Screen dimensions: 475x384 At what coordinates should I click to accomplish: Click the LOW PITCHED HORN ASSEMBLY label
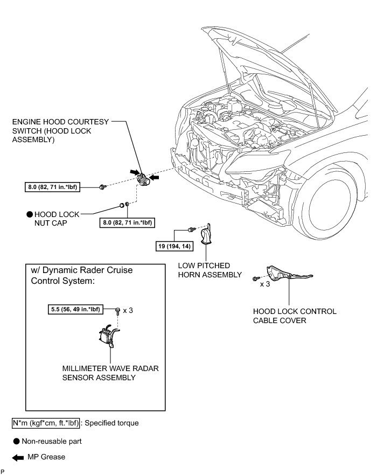[211, 270]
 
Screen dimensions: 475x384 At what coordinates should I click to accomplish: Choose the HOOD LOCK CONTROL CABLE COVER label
[294, 316]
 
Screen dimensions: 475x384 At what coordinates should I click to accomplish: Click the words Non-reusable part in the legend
[51, 441]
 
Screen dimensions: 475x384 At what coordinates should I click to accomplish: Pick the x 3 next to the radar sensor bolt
[128, 310]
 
